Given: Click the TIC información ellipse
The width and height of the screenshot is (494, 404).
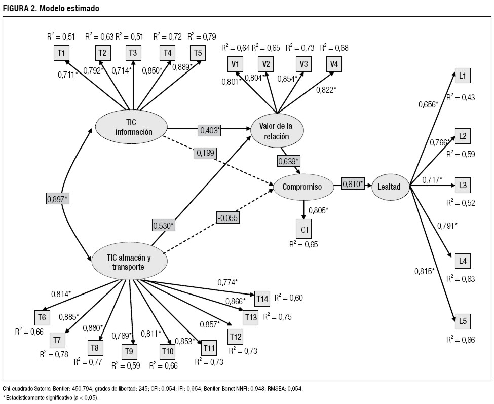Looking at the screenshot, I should click(131, 127).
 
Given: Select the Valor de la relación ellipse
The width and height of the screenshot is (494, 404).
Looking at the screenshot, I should click(277, 131).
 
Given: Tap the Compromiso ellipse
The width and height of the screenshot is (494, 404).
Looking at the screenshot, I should click(303, 187).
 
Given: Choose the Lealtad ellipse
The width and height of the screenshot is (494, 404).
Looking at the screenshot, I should click(389, 187).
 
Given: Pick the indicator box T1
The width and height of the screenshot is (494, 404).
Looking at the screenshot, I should click(62, 52).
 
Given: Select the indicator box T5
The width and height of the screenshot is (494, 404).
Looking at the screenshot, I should click(198, 52).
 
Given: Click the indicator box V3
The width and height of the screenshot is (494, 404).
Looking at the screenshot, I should click(303, 64).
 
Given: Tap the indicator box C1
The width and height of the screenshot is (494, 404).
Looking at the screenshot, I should click(304, 229).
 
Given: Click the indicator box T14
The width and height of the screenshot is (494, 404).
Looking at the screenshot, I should click(261, 299).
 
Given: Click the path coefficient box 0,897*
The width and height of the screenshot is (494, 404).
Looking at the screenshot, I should click(57, 198).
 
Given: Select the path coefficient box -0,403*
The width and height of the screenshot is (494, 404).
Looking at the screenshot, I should click(209, 130).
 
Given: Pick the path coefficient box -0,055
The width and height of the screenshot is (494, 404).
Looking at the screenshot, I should click(227, 218).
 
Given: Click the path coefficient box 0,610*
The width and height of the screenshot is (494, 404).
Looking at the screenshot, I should click(353, 185).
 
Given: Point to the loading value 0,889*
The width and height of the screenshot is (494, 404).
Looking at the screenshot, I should click(182, 67).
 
